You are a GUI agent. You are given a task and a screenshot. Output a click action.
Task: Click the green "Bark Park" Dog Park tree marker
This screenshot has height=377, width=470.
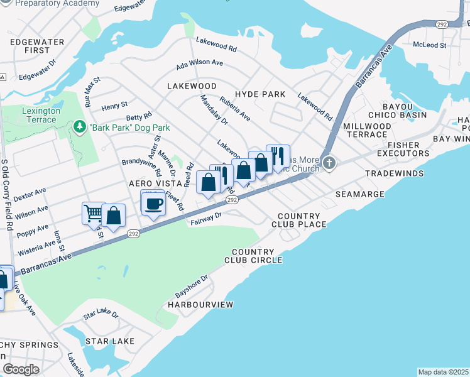(80, 128)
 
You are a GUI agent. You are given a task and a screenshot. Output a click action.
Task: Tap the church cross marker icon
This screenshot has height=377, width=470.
(329, 164)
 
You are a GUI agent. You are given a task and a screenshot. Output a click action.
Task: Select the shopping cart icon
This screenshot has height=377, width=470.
(93, 213)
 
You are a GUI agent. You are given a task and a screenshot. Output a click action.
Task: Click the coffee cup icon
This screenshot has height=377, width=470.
(154, 203)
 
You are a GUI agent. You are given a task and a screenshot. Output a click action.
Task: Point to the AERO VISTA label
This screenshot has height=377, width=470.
(150, 183)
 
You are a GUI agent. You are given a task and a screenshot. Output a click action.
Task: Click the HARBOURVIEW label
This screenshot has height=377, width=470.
(200, 305)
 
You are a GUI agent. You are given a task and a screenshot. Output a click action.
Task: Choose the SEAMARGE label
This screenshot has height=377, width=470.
(359, 194)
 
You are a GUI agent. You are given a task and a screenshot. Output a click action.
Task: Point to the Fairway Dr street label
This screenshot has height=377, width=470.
(206, 218)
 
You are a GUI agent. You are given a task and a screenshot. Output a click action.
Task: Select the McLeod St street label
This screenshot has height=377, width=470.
(429, 45)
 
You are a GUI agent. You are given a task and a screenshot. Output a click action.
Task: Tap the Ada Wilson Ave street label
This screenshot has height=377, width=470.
(200, 63)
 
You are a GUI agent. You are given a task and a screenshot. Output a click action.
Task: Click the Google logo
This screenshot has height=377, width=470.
(21, 369)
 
